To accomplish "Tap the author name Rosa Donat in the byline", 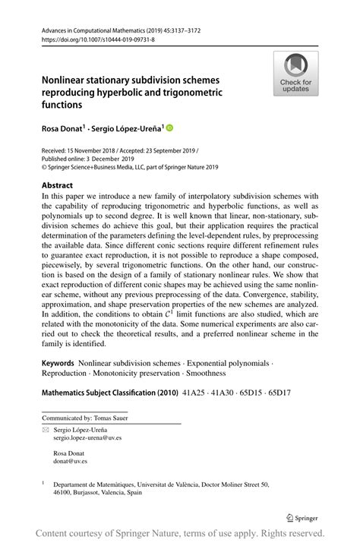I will point(62,129).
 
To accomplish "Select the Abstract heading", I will point(58,185).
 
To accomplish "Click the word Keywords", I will point(58,364).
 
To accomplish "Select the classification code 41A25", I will point(195,393).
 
